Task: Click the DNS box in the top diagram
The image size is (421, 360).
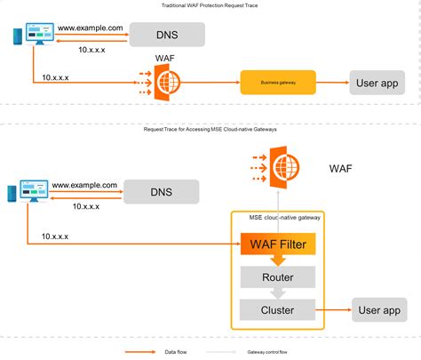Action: click(167, 35)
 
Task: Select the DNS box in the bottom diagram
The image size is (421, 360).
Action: click(161, 192)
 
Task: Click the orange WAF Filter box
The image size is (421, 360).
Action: click(277, 242)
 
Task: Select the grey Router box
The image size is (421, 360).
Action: click(277, 276)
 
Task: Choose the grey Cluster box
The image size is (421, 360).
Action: click(277, 310)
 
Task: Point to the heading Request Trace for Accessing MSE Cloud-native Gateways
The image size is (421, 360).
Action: click(210, 130)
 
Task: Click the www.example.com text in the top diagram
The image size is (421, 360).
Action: click(89, 28)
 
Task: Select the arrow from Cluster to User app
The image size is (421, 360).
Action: click(334, 310)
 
